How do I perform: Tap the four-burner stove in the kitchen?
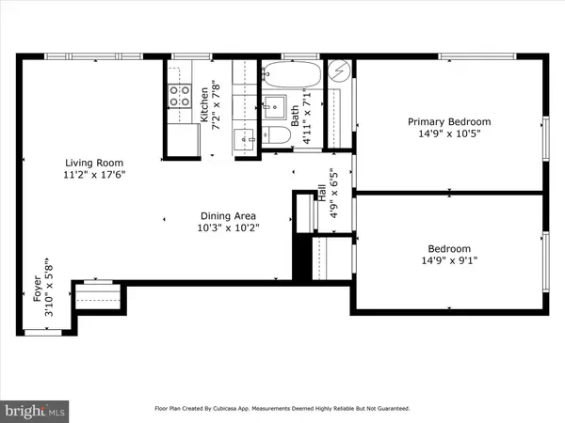pos(178,94)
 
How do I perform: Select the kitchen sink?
pos(240,138)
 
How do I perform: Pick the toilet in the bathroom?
pos(275,135)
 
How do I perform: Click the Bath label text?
pos(295,117)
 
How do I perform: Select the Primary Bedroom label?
pos(448,122)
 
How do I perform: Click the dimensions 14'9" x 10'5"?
pos(448,134)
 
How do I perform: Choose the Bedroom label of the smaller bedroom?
pos(448,249)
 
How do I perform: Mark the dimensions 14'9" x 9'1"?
pos(448,261)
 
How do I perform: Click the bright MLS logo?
pos(36,411)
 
